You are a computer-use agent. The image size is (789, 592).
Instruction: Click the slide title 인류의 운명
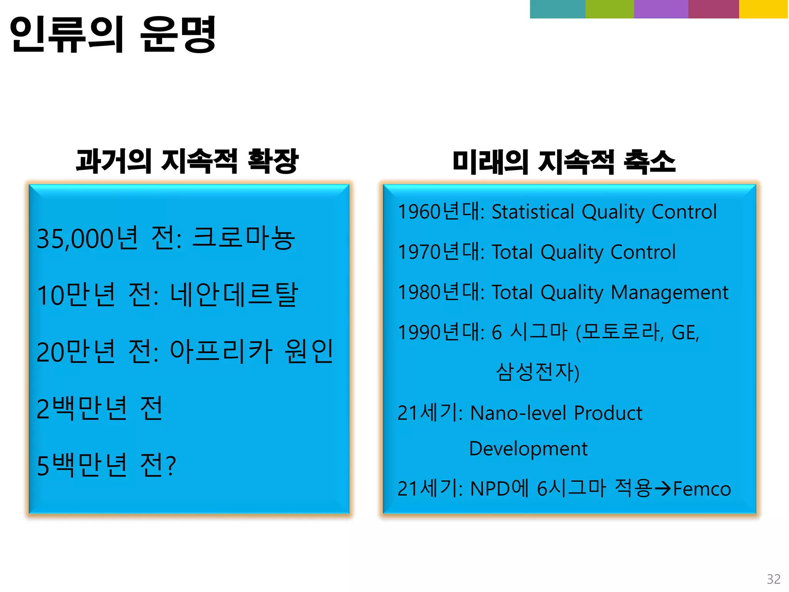112,35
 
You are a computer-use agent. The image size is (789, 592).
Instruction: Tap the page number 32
774,579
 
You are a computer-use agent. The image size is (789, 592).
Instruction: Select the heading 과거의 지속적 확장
187,161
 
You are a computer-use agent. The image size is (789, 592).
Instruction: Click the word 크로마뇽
243,238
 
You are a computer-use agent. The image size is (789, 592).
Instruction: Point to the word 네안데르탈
234,295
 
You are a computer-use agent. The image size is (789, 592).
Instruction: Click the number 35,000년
87,238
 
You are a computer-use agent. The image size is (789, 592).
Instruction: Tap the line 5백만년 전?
106,465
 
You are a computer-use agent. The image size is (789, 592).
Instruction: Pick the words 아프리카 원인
252,351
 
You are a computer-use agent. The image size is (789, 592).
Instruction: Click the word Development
528,449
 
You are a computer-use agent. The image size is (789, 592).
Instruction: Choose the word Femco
702,489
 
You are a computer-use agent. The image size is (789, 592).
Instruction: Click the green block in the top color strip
609,9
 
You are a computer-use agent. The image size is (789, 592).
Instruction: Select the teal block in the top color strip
557,9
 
